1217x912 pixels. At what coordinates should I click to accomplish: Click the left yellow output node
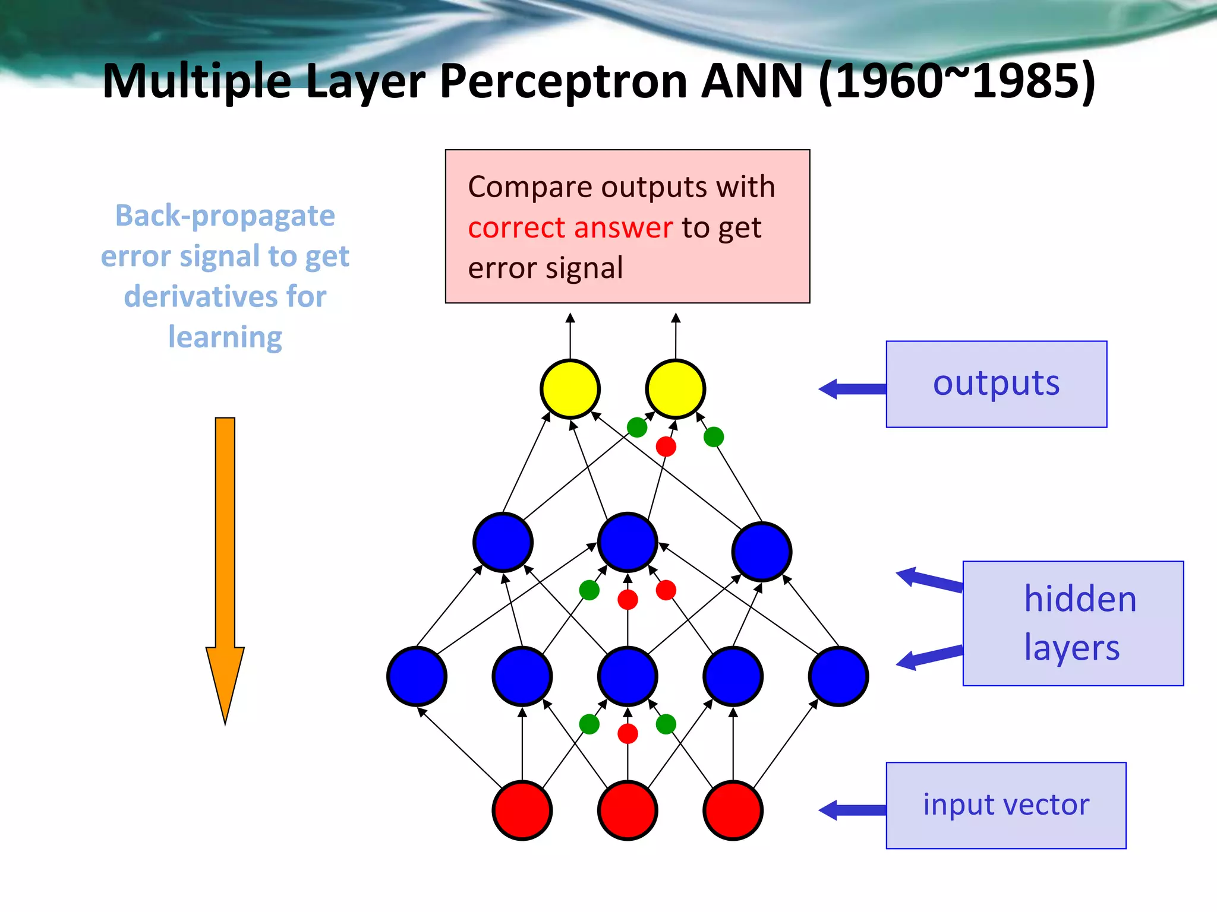click(570, 389)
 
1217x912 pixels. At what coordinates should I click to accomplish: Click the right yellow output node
click(675, 389)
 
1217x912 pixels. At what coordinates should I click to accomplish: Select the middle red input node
click(628, 810)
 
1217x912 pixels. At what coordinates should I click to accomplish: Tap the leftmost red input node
click(522, 810)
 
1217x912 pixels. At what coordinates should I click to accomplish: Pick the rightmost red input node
click(733, 810)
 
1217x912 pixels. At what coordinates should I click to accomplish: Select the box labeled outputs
click(996, 384)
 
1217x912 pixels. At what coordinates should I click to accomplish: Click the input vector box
click(1005, 805)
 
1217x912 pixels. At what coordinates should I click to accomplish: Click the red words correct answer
click(570, 228)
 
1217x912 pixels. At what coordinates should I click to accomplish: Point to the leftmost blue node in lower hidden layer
click(417, 676)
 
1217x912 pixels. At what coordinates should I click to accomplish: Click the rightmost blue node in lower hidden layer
click(838, 676)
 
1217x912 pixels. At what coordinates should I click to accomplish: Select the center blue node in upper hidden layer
click(628, 542)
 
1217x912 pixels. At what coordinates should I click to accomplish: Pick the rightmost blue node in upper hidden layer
click(761, 551)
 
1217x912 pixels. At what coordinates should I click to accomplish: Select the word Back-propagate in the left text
click(225, 216)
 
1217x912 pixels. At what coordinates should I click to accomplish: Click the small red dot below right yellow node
click(666, 446)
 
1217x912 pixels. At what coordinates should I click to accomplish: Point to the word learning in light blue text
click(225, 337)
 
